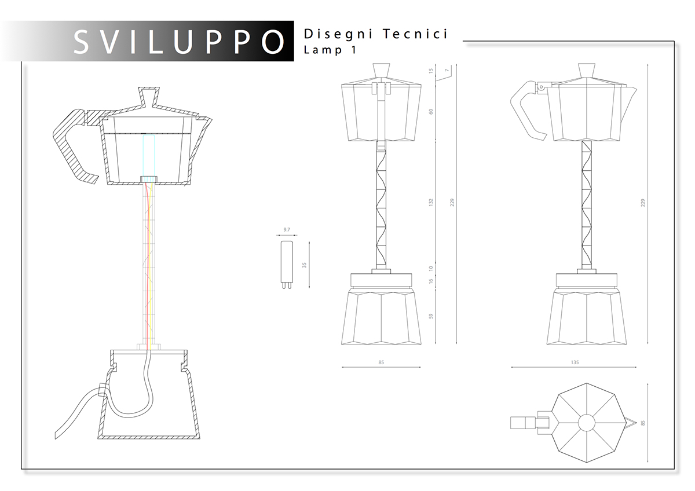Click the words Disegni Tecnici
coord(375,34)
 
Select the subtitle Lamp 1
coord(330,50)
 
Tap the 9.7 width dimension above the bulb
coord(286,230)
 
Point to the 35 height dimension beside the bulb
coord(304,265)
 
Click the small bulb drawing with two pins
coord(286,264)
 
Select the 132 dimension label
coord(431,203)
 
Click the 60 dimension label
coord(431,111)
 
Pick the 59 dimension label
coord(431,317)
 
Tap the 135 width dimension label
coord(575,362)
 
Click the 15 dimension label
coord(431,71)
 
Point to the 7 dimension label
coord(446,71)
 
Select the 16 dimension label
coord(431,281)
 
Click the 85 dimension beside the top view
coord(642,423)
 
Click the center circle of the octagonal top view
coord(586,423)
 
